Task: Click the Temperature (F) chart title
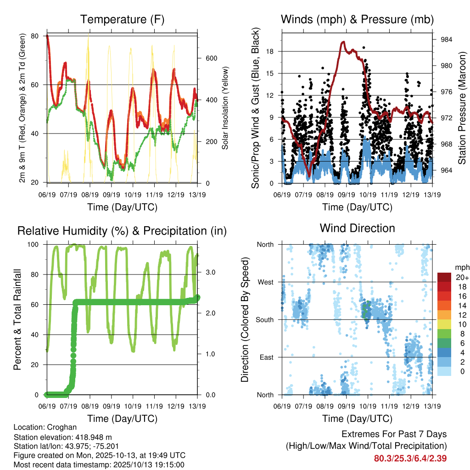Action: click(122, 19)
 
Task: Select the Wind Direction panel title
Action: click(357, 228)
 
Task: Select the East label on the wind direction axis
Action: click(266, 357)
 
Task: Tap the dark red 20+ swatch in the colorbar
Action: click(444, 277)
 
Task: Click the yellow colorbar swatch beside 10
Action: click(444, 325)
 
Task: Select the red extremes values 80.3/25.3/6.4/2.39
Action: click(410, 458)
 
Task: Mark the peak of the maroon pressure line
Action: click(343, 42)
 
